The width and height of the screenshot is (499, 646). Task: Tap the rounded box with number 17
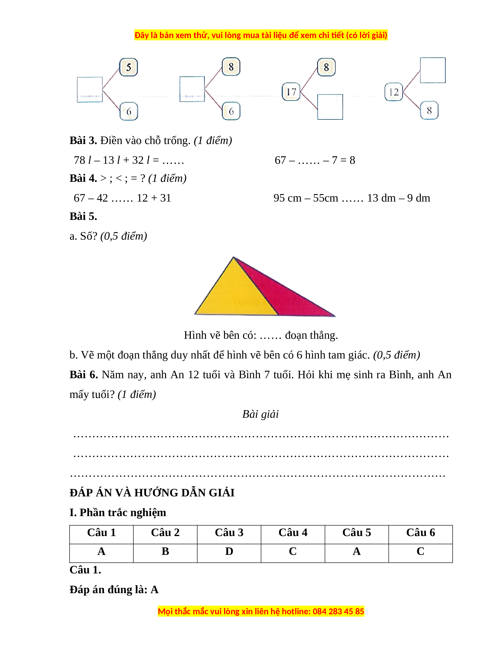click(x=291, y=92)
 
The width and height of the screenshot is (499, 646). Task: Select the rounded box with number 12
click(x=394, y=92)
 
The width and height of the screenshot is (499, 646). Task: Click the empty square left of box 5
click(x=89, y=90)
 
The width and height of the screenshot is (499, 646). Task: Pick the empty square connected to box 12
click(x=433, y=70)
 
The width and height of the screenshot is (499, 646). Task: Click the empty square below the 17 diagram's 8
click(x=330, y=107)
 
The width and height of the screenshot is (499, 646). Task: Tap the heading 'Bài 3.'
click(x=83, y=140)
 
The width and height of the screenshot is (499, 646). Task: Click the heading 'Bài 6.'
click(x=83, y=375)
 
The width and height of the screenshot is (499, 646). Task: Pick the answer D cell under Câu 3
click(x=229, y=551)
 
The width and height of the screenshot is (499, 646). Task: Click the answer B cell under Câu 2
click(x=165, y=551)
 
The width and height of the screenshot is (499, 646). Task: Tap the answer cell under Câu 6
click(x=420, y=551)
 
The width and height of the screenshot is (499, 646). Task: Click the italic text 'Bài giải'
click(x=260, y=414)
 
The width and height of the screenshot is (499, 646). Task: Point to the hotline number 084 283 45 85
click(x=338, y=611)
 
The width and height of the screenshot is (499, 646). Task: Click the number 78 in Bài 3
click(x=79, y=160)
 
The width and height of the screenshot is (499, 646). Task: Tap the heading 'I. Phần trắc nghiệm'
click(x=118, y=513)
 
